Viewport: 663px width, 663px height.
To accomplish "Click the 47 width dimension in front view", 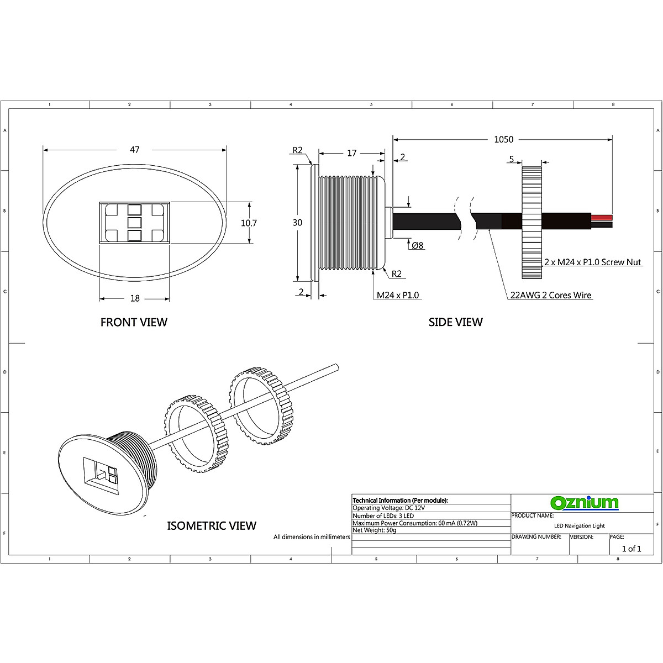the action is [x=134, y=150].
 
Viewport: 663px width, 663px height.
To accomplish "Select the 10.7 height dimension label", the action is [x=249, y=223].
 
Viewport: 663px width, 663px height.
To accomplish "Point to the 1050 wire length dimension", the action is [x=503, y=139].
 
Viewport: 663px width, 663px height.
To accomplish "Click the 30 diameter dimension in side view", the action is [x=298, y=223].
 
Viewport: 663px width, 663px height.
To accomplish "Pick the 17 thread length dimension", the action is [x=351, y=153].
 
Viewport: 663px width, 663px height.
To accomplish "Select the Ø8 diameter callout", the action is [x=418, y=245].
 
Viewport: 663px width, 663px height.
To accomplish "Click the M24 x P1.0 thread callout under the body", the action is [x=398, y=295].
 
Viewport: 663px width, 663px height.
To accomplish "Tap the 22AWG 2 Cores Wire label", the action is [x=550, y=295].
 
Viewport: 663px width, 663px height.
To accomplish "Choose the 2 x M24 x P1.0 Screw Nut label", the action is [x=592, y=262].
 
